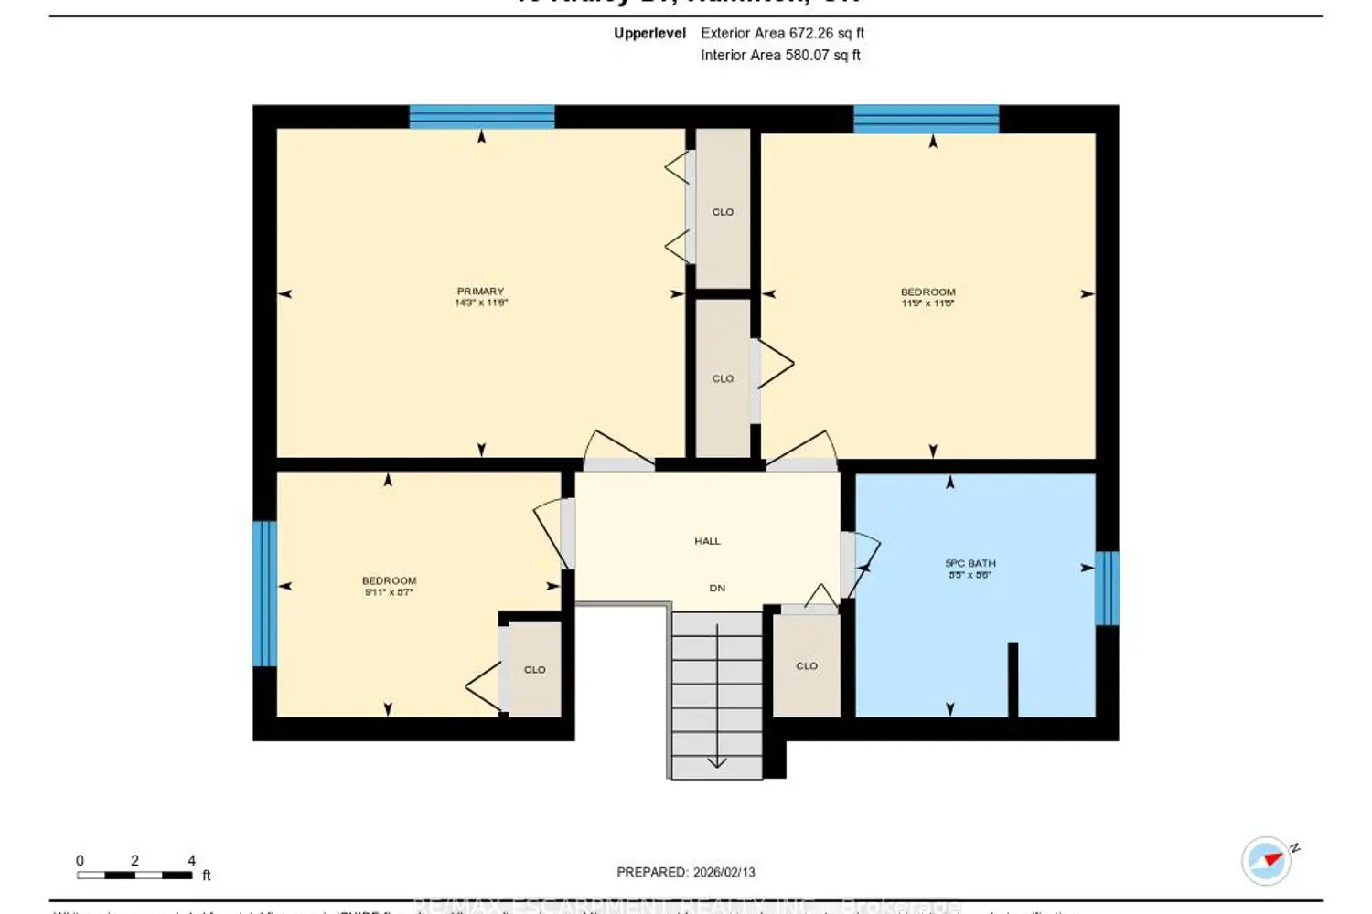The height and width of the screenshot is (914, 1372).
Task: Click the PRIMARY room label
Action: tap(480, 292)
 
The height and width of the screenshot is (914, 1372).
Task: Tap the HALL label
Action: tap(707, 541)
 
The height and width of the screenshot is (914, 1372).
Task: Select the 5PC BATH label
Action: tap(970, 564)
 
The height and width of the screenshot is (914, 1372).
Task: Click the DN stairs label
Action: tap(717, 588)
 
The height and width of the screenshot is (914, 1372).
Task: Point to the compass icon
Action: tap(1267, 860)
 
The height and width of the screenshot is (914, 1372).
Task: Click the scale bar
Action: tap(134, 875)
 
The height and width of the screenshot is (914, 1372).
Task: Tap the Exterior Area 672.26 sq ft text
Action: tap(782, 33)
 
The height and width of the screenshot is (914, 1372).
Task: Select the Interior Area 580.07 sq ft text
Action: tap(780, 55)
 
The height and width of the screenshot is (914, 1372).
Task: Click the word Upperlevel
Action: tap(649, 33)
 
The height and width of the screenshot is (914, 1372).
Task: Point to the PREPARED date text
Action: tap(686, 872)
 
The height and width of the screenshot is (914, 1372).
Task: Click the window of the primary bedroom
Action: tap(481, 117)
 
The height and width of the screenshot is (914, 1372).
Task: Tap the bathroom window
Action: tap(1107, 588)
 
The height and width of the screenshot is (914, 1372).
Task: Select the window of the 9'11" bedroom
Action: tap(264, 593)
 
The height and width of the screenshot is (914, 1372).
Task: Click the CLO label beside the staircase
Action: tap(807, 666)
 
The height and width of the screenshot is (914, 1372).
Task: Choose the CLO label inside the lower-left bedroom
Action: tap(535, 670)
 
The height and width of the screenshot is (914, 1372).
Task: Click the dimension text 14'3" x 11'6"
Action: tap(481, 303)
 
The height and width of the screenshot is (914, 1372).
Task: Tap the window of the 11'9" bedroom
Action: tap(926, 119)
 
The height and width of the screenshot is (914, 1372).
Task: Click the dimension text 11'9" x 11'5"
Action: tap(927, 303)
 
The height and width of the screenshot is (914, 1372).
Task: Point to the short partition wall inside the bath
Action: tap(1013, 679)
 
